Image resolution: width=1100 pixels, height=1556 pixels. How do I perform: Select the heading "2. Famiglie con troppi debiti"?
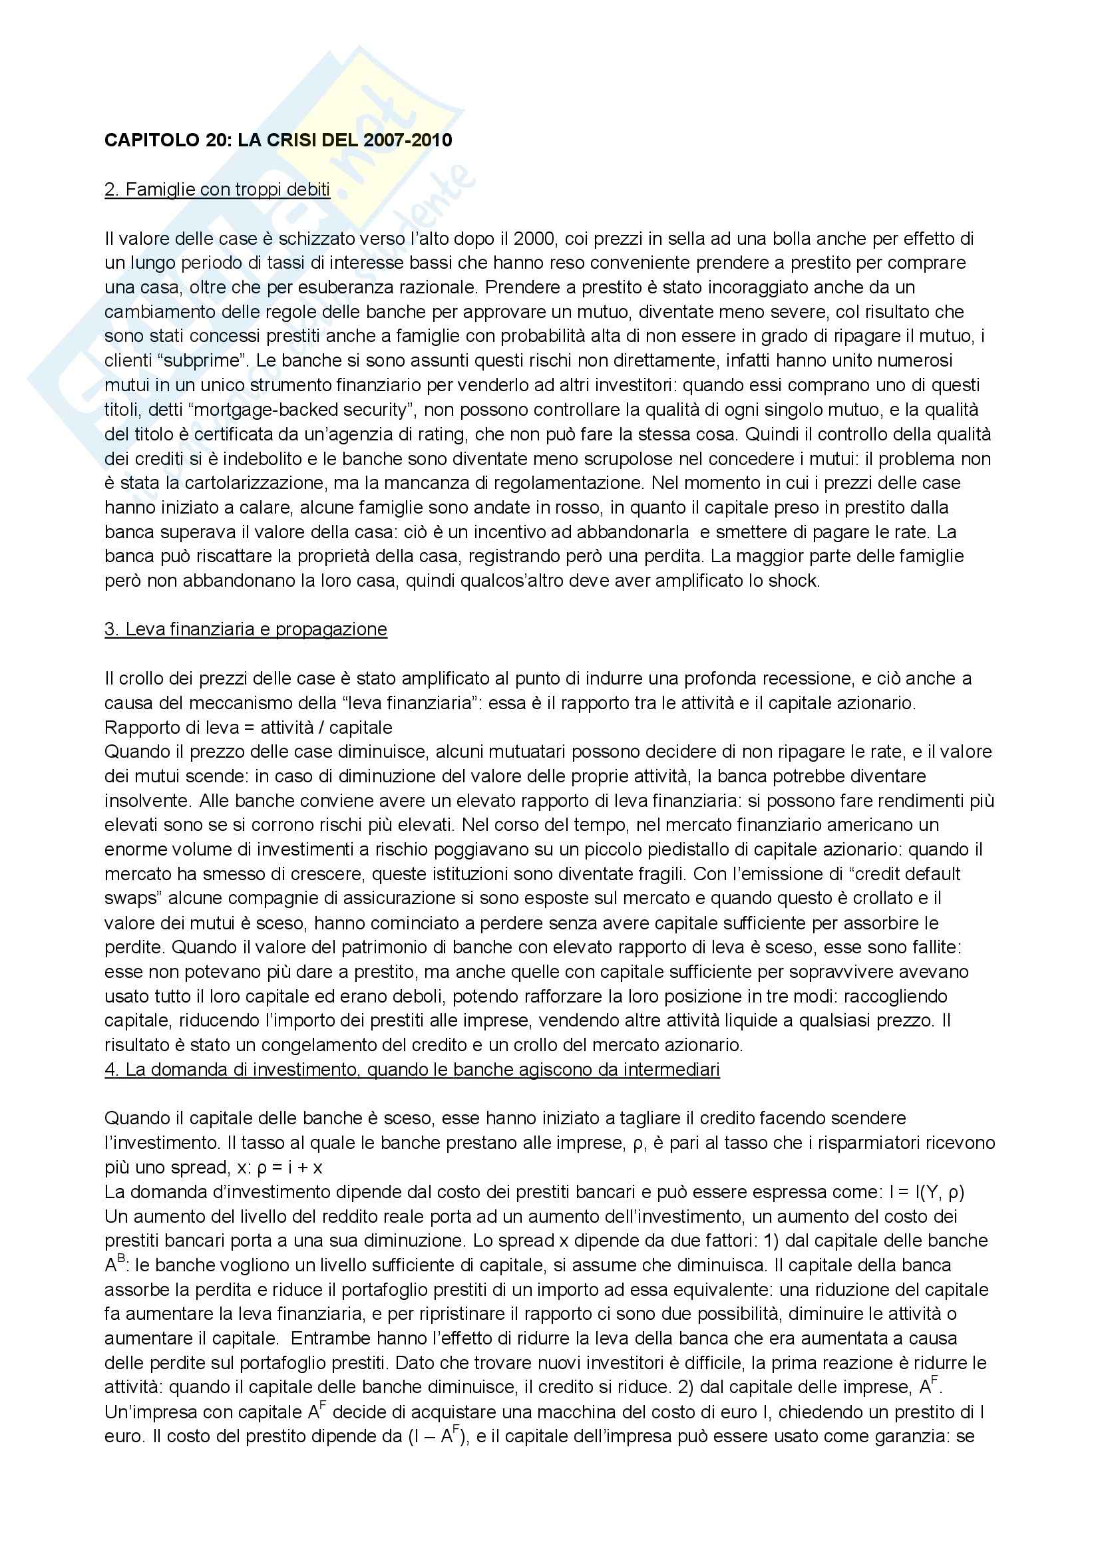pyautogui.click(x=217, y=189)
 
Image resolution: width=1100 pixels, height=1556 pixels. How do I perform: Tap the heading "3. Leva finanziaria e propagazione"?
pyautogui.click(x=246, y=629)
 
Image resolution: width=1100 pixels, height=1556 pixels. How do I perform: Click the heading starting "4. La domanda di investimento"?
pyautogui.click(x=411, y=1070)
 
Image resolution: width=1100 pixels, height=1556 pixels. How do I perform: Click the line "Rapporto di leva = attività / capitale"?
pyautogui.click(x=248, y=727)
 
